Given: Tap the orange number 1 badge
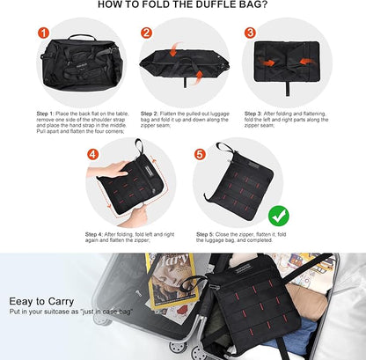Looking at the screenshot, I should (x=42, y=33).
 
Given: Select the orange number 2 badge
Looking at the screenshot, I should (x=146, y=33).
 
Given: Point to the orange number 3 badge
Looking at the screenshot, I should (x=251, y=33).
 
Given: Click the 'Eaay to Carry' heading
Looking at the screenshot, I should (x=40, y=300).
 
